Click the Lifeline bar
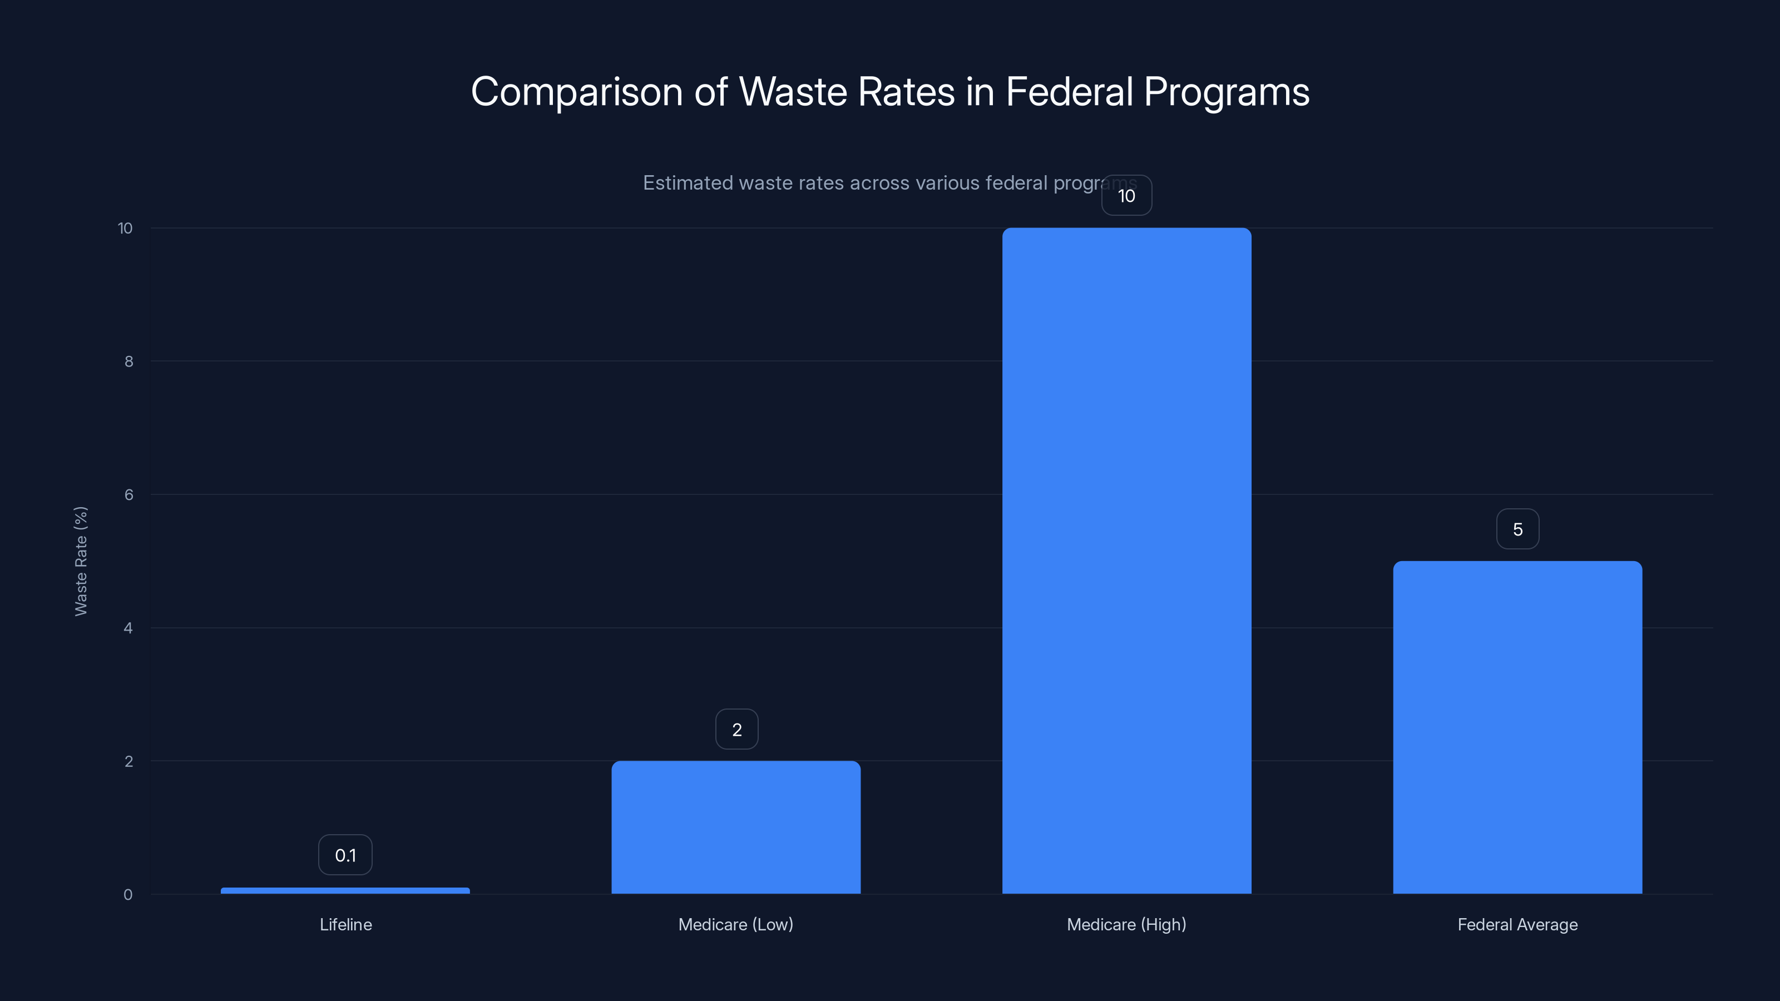[345, 890]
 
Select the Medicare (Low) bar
[736, 827]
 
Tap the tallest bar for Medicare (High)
[1126, 560]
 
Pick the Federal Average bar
[1517, 727]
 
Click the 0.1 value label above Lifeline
[345, 855]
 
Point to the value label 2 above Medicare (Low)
[736, 730]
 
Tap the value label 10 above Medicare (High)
[1126, 196]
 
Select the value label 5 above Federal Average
[1517, 529]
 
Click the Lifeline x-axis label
[345, 924]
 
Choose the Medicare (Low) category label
[736, 924]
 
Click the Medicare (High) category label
[1126, 924]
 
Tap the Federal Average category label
[1517, 924]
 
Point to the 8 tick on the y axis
[128, 361]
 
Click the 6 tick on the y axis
[128, 494]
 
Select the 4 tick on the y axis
[128, 628]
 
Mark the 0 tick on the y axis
[128, 895]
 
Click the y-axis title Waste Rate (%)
[81, 561]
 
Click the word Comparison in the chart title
[577, 92]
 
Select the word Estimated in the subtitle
[688, 183]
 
